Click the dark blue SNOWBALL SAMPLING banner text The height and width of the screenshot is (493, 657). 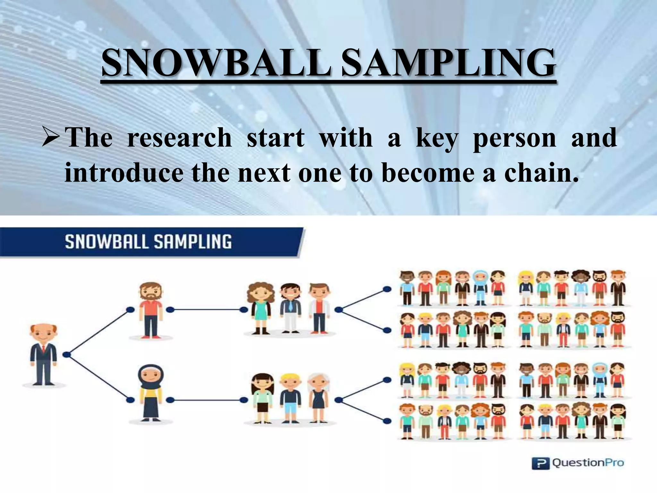pos(148,241)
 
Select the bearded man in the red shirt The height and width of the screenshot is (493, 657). pos(150,310)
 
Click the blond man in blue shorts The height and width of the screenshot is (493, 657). pos(290,398)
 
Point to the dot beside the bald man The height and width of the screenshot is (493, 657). pos(67,355)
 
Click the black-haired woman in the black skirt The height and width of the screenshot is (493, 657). pos(262,398)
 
